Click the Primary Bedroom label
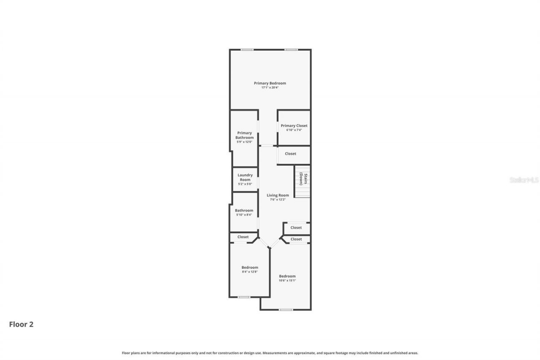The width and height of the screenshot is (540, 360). tap(270, 83)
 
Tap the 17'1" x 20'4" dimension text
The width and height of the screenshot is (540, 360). tap(270, 88)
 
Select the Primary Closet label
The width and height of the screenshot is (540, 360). tap(294, 125)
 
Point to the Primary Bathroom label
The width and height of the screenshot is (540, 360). tap(245, 135)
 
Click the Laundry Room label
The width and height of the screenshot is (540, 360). tap(245, 177)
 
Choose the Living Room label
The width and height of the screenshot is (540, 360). tap(278, 195)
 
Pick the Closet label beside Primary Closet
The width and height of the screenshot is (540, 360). tap(290, 154)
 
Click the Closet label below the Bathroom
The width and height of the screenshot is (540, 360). tap(243, 237)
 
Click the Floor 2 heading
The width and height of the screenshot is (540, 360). tap(21, 324)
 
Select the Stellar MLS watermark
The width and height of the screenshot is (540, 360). tap(524, 180)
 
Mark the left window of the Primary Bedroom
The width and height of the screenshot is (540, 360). tap(247, 50)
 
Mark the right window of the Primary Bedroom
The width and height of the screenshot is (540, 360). tap(291, 50)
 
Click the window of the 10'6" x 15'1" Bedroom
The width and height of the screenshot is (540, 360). tap(286, 310)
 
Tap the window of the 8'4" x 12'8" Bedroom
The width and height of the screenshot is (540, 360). tap(244, 297)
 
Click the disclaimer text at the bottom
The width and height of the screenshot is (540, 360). tap(270, 353)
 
